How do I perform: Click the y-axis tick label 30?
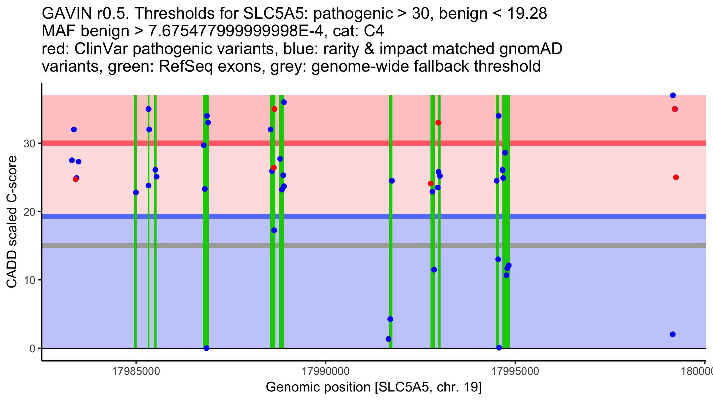click(29, 144)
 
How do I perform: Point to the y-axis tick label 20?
click(29, 212)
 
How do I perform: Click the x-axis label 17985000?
click(136, 372)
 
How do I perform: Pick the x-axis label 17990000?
click(326, 372)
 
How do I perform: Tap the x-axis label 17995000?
click(515, 372)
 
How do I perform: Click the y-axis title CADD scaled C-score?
click(12, 222)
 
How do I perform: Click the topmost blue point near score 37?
click(673, 95)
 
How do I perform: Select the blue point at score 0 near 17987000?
click(206, 348)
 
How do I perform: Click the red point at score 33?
click(438, 123)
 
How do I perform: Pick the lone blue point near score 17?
click(274, 230)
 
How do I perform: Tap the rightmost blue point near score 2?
click(673, 334)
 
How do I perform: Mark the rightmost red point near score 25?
click(676, 177)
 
